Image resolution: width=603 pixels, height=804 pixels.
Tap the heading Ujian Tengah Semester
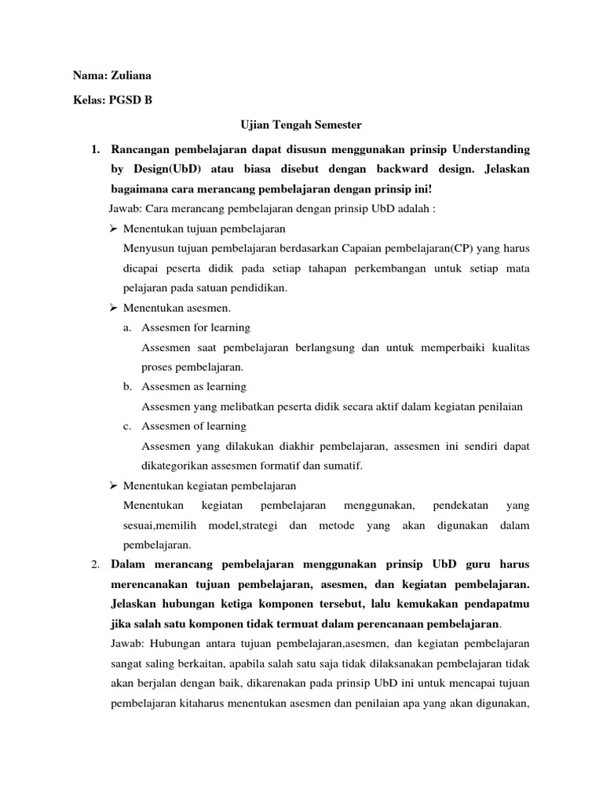point(300,124)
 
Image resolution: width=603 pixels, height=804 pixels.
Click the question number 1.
point(94,149)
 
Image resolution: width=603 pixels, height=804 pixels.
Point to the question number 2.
point(94,565)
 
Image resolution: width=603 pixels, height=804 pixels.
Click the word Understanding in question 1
point(492,149)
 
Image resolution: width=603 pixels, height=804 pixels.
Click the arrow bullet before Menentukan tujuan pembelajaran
point(112,228)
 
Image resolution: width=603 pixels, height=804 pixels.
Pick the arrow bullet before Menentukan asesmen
point(112,308)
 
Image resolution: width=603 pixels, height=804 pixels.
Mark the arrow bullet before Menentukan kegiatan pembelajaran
point(112,486)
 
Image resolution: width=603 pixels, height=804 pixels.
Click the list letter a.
point(127,327)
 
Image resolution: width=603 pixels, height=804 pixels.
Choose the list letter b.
point(127,387)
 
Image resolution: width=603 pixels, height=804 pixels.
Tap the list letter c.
point(127,426)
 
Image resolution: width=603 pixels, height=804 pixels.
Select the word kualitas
point(506,347)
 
